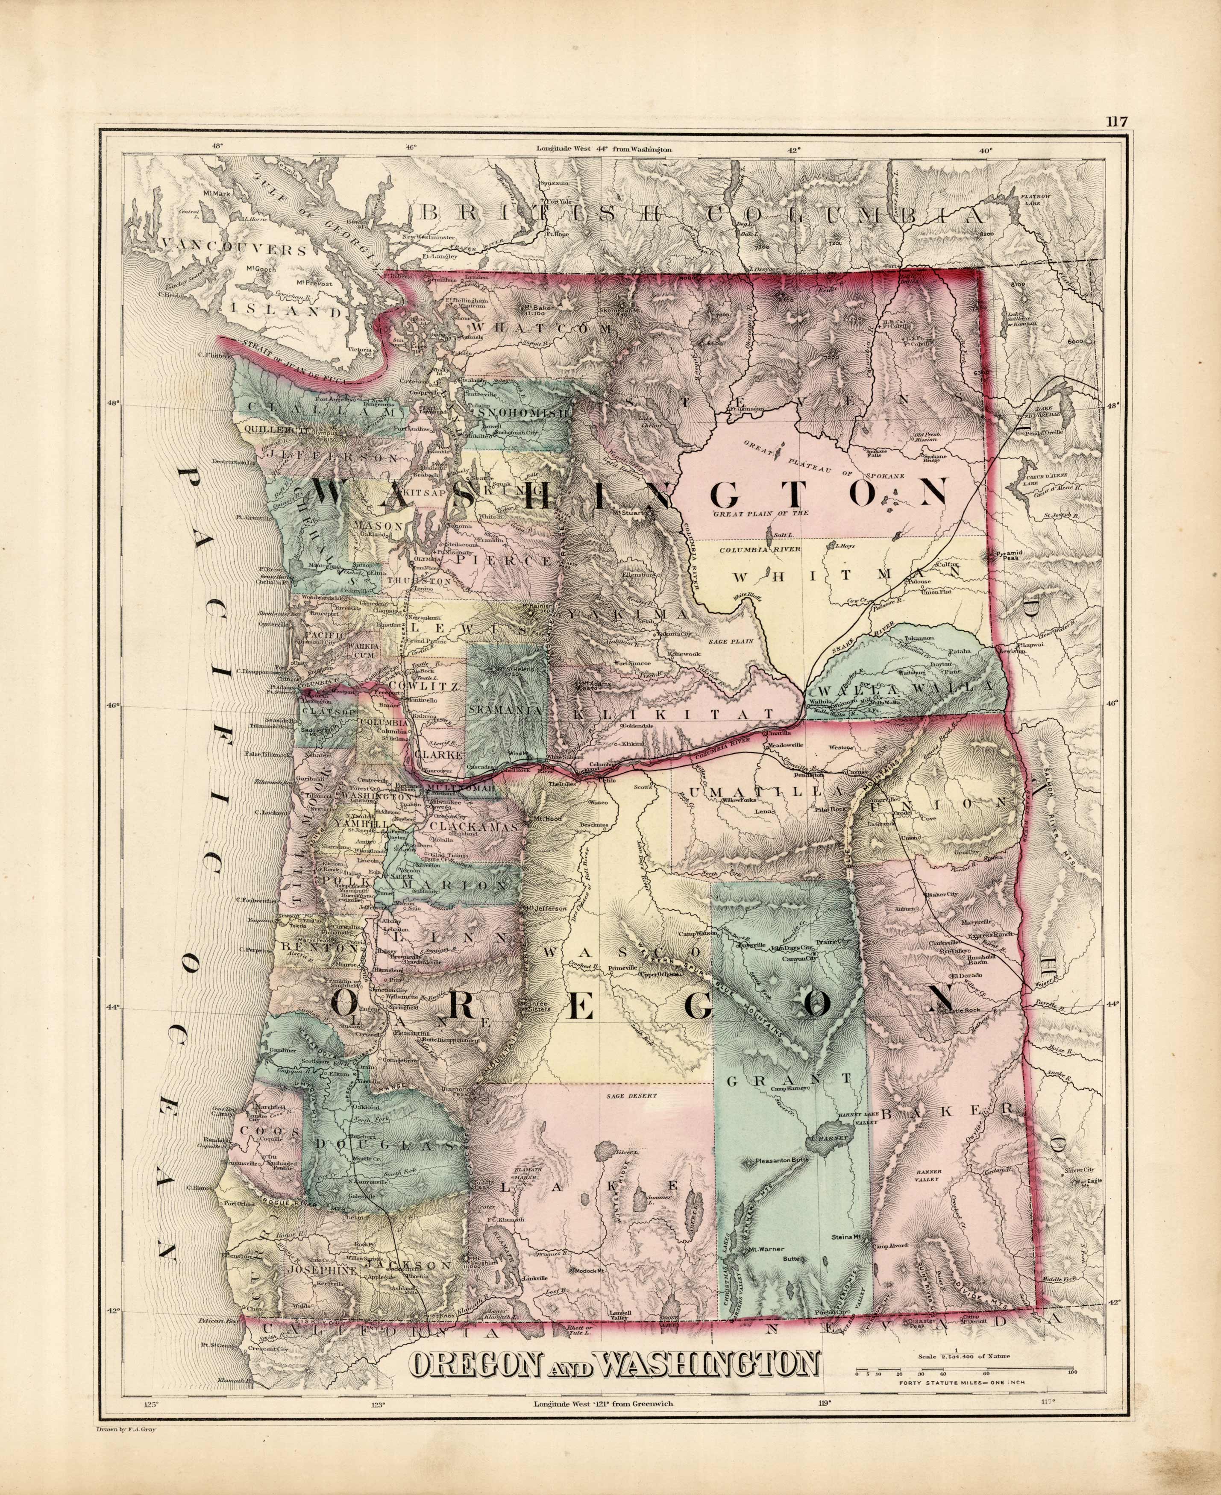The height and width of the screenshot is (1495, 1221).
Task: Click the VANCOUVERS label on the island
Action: tap(234, 249)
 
